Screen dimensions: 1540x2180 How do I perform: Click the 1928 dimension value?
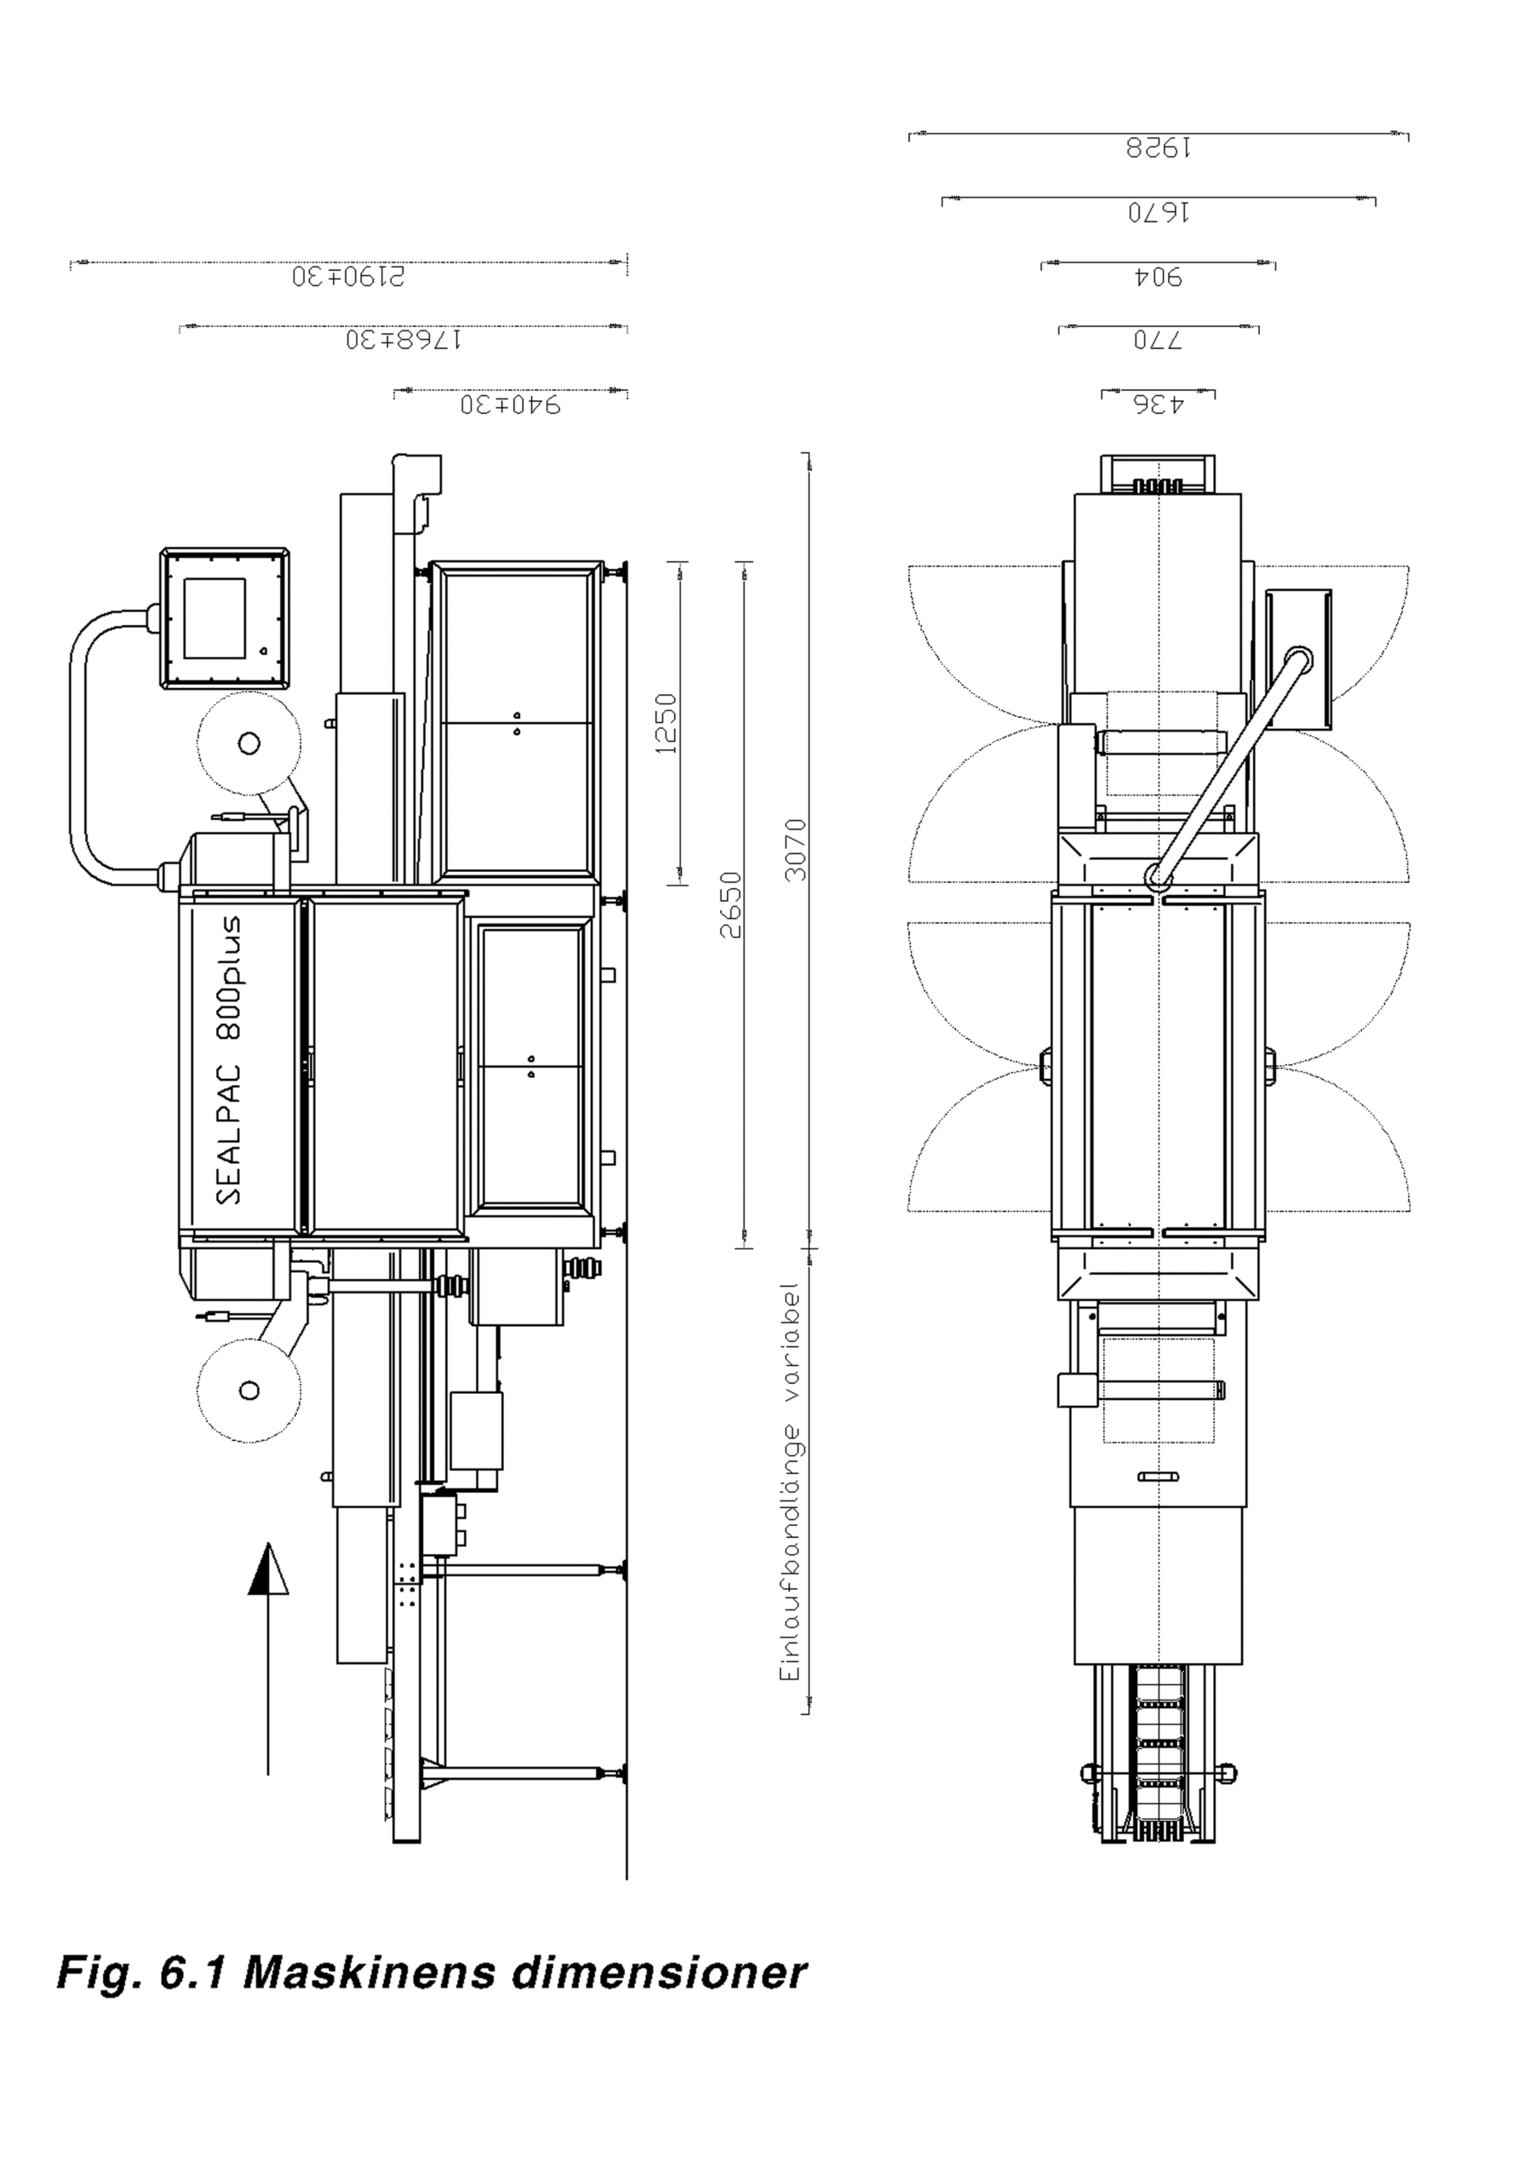[1159, 148]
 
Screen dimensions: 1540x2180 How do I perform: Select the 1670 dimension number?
[1159, 212]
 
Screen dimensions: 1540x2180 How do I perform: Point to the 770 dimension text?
[1159, 340]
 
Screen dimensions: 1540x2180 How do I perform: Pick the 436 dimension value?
[1159, 404]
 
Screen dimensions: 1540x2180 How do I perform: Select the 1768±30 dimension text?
[404, 340]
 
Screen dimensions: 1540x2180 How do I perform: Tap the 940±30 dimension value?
[511, 404]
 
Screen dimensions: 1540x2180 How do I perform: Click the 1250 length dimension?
[667, 724]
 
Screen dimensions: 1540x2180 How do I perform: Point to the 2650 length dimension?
[730, 905]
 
